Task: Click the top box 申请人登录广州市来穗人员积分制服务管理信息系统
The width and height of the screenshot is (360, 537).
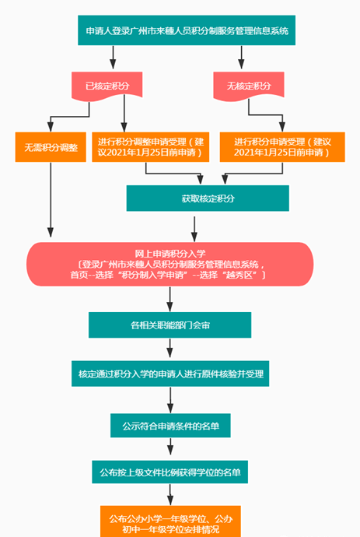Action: click(x=187, y=30)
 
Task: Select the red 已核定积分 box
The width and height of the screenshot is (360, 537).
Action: click(x=107, y=86)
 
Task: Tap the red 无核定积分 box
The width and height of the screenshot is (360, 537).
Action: click(x=249, y=86)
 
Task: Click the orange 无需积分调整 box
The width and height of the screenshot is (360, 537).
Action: click(x=51, y=147)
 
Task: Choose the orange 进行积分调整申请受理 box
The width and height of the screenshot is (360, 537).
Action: click(x=151, y=147)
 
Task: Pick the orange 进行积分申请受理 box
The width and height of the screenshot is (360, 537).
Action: click(x=282, y=147)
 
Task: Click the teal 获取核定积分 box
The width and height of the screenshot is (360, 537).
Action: click(x=208, y=198)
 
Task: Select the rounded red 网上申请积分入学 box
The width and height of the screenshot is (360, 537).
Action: click(x=170, y=264)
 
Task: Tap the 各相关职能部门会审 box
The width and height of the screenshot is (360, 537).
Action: click(x=170, y=325)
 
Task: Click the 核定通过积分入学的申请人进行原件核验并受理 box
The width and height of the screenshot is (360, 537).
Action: click(x=170, y=374)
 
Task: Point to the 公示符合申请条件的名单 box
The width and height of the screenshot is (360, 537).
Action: click(x=170, y=426)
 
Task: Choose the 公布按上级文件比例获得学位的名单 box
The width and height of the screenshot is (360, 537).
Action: click(x=170, y=472)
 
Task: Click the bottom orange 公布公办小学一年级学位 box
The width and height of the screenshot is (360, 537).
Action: click(x=170, y=521)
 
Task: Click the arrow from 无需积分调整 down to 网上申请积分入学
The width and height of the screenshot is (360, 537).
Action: click(x=51, y=200)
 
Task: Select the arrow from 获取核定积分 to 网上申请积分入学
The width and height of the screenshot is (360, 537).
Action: click(x=194, y=229)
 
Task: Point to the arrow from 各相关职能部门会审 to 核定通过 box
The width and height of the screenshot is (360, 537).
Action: click(x=170, y=348)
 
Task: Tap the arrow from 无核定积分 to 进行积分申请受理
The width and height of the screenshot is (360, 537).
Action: click(x=266, y=114)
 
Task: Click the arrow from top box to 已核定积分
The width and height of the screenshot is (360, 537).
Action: click(x=113, y=57)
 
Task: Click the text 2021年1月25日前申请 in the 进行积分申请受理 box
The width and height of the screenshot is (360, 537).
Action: click(x=278, y=153)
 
